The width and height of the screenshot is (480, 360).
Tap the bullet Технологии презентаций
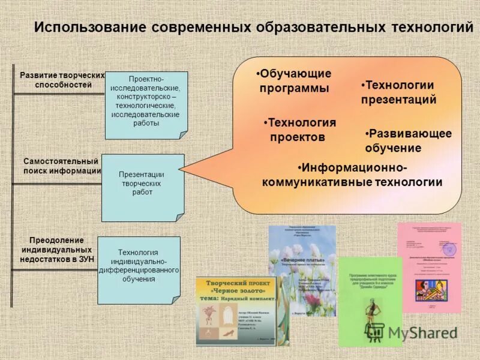pos(398,92)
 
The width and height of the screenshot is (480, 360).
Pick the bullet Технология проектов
pos(299,130)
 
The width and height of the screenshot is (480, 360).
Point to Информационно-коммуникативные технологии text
pos(352,175)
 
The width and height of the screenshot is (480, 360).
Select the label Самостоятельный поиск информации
pos(61,166)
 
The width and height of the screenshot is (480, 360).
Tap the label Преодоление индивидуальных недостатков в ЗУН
pos(57,249)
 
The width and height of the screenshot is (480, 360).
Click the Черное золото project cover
pos(234,311)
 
